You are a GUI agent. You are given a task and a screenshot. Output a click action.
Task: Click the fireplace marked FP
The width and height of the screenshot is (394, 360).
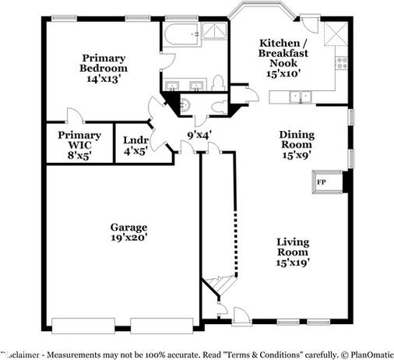coord(321,183)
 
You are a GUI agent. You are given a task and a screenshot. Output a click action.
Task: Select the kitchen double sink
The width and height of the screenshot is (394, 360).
coord(299,97)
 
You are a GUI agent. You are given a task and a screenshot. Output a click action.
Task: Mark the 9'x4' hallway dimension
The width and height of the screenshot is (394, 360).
coord(199,135)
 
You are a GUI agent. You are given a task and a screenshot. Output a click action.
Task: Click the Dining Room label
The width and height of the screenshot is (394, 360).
coord(296,139)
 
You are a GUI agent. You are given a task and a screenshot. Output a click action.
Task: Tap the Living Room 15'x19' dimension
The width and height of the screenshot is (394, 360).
coord(293,263)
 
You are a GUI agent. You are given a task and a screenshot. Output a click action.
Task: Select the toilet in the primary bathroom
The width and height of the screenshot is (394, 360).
coord(219,81)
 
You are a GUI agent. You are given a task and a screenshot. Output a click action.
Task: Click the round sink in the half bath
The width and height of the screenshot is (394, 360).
coord(185,105)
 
